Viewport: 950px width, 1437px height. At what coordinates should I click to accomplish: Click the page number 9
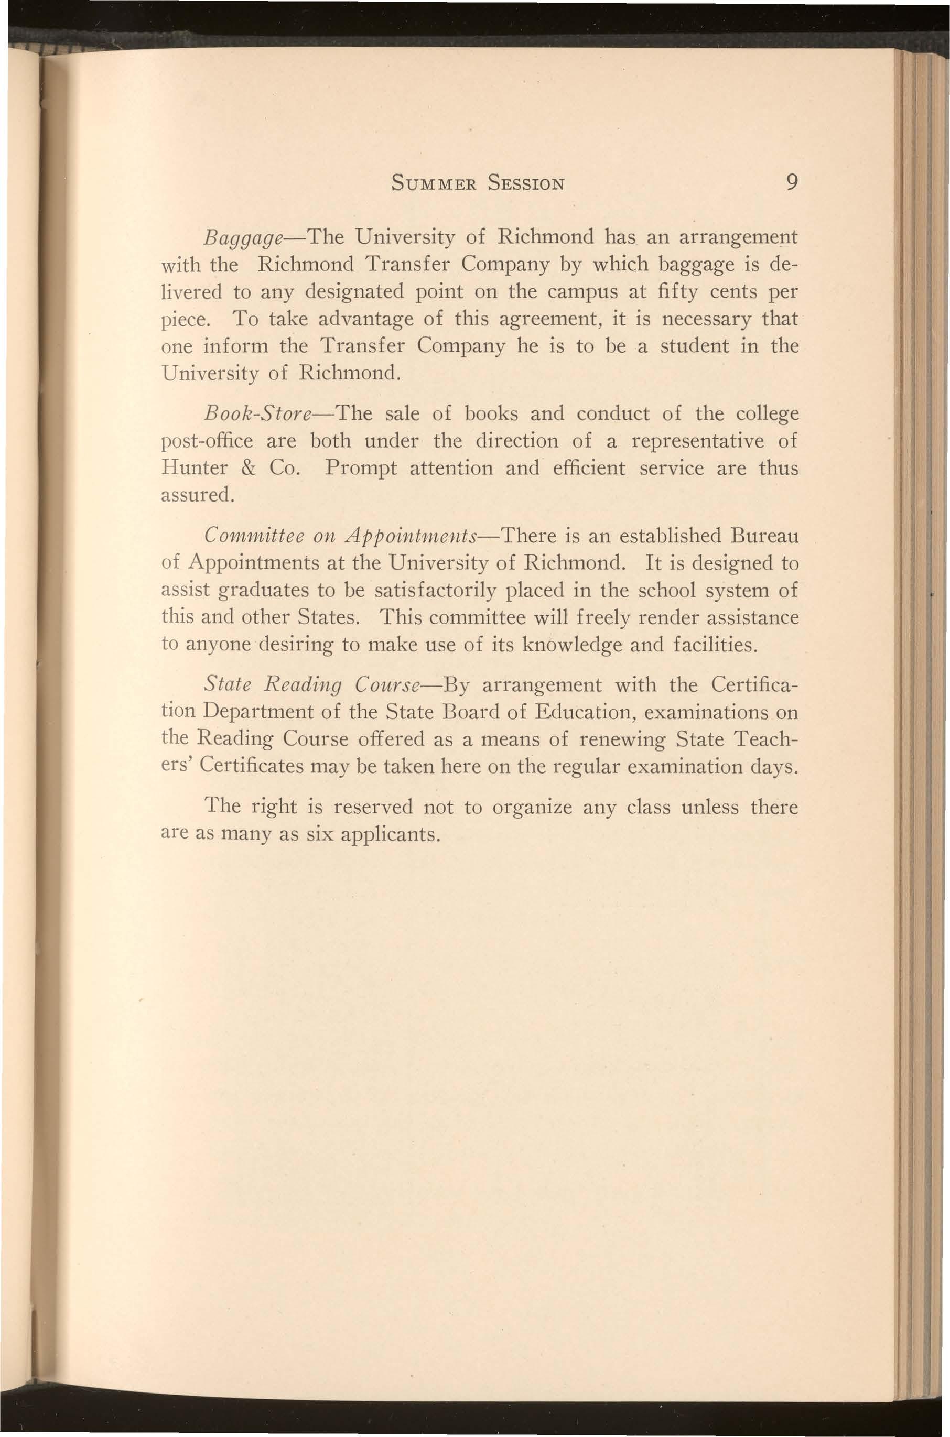tap(789, 182)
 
